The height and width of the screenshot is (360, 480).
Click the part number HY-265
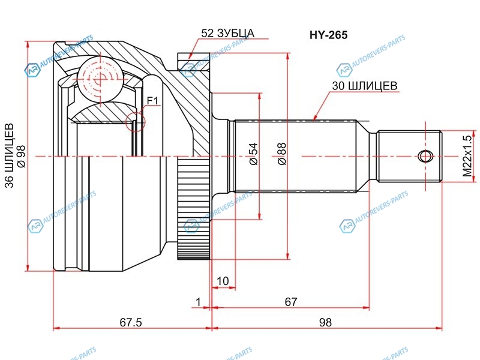coord(325,35)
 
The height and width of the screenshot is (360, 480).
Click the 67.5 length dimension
coord(130,322)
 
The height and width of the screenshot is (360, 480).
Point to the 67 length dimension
coord(291,302)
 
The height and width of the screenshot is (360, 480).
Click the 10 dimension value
coord(223,281)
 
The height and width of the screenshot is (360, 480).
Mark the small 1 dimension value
coord(197,302)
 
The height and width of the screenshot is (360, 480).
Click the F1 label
coord(152,101)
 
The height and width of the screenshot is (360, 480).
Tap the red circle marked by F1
coord(136,122)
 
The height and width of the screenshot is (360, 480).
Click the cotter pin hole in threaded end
coord(425,156)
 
